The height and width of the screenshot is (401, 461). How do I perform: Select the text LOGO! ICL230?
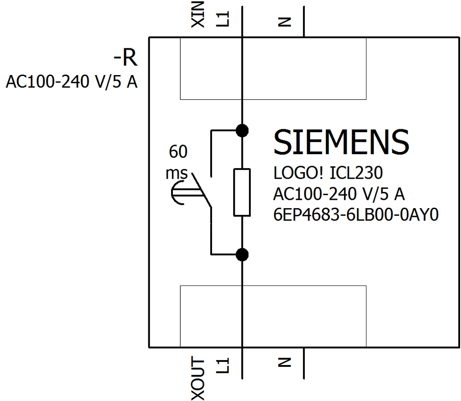[328, 174]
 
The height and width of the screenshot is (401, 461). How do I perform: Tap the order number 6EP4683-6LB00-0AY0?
[355, 215]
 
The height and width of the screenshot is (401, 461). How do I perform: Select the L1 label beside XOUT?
[223, 367]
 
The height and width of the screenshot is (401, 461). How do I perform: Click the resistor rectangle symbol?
[242, 192]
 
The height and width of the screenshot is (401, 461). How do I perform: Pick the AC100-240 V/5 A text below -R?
[71, 82]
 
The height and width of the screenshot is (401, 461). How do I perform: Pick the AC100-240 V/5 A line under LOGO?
[339, 195]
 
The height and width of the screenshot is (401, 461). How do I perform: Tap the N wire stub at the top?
[304, 21]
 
